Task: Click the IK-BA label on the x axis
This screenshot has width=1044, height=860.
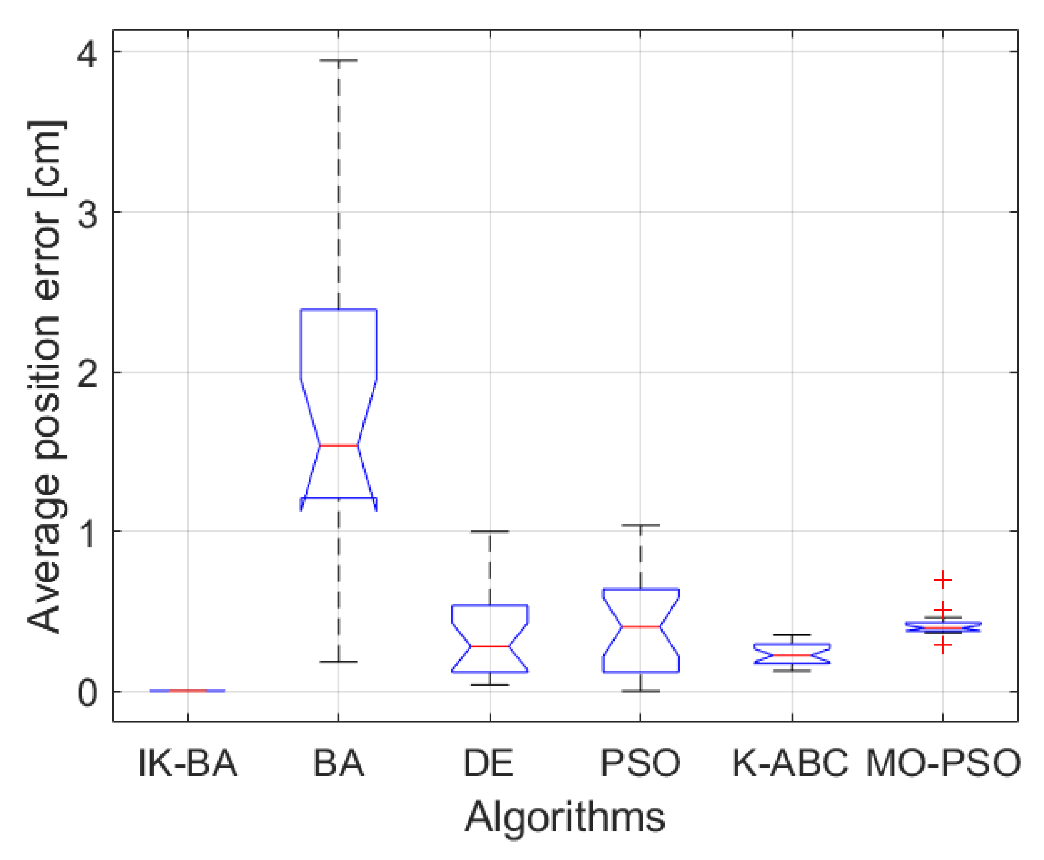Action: (x=188, y=763)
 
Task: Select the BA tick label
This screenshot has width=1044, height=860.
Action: (x=339, y=763)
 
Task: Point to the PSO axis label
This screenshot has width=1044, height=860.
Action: (x=640, y=763)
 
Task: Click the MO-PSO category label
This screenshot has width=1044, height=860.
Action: (x=943, y=763)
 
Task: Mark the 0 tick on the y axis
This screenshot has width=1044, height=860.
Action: (x=87, y=694)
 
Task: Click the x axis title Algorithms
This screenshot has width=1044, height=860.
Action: (x=565, y=818)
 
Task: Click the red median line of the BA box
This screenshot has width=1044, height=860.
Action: (x=339, y=445)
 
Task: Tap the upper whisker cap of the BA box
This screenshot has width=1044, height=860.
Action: (x=339, y=60)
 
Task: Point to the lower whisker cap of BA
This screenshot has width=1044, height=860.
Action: (x=339, y=662)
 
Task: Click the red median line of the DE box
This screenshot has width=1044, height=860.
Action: (x=490, y=646)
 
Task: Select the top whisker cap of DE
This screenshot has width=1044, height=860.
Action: (x=490, y=532)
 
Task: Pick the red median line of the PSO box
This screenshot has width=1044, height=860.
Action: (x=641, y=627)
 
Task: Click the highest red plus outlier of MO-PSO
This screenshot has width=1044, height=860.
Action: (x=943, y=580)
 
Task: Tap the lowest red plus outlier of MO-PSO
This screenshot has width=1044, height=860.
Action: (x=943, y=645)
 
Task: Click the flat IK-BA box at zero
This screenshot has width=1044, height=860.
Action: (x=188, y=690)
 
